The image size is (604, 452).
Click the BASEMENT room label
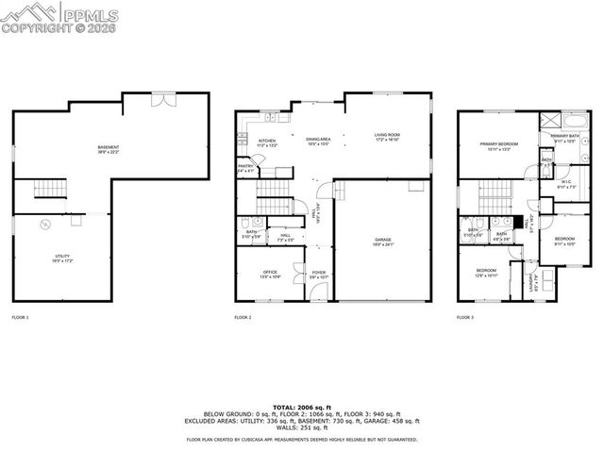click(109, 148)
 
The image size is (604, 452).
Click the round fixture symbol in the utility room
click(43, 225)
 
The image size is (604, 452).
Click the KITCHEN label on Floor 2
click(267, 142)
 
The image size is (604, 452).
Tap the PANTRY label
click(244, 167)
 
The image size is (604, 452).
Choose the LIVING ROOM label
click(387, 136)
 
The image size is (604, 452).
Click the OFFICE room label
click(271, 274)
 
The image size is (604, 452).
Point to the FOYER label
click(319, 273)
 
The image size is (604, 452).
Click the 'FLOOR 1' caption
click(20, 318)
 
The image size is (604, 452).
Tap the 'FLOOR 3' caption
click(465, 318)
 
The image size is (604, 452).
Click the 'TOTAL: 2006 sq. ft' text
click(302, 405)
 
